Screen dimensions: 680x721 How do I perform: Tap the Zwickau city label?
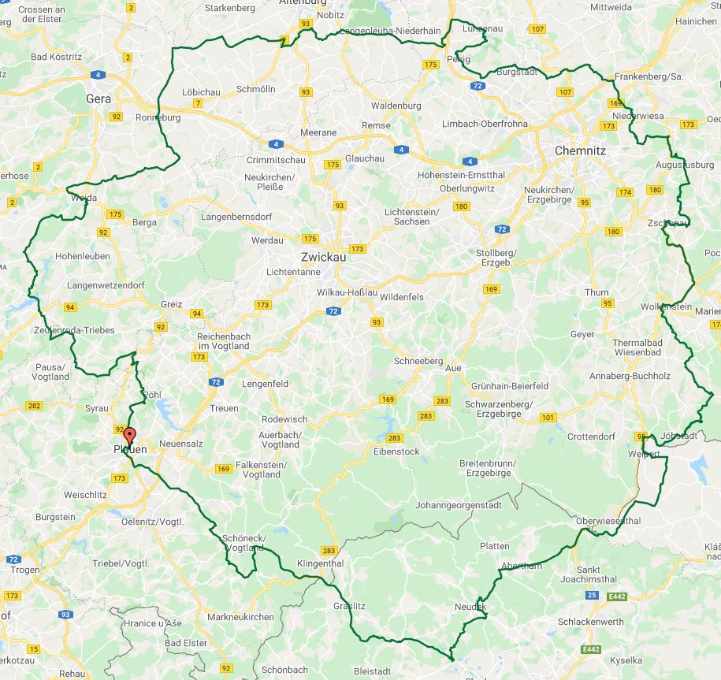(323, 257)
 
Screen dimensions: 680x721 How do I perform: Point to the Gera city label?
(98, 98)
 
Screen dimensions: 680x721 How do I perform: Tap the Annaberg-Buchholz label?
(630, 376)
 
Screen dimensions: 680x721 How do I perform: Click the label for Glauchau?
(365, 158)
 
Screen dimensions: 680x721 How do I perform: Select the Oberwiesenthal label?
(608, 521)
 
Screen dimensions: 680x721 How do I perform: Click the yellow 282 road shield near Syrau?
(33, 406)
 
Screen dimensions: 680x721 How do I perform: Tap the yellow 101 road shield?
(548, 417)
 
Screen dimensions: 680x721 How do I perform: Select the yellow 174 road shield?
(626, 192)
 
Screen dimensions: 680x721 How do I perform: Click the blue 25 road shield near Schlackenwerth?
(591, 595)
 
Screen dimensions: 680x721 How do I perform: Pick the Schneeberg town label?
(418, 360)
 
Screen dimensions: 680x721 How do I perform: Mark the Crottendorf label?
(590, 436)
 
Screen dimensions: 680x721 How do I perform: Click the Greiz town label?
(171, 304)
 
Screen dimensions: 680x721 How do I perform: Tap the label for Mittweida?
(611, 7)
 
